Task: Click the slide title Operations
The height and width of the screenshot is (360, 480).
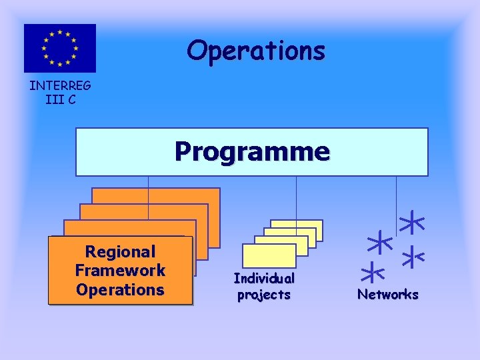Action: [x=256, y=51]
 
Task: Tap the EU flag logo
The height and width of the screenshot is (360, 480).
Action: [x=60, y=48]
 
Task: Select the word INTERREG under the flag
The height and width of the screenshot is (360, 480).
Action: [x=60, y=85]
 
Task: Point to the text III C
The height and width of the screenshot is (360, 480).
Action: [x=60, y=99]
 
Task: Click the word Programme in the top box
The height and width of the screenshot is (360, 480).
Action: [x=252, y=152]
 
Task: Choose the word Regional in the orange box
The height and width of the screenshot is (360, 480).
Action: [x=120, y=252]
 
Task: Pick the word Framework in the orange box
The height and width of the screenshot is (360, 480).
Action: [x=120, y=271]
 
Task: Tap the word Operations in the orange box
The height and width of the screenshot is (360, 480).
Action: [x=120, y=290]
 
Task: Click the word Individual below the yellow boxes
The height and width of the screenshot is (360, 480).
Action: [x=264, y=278]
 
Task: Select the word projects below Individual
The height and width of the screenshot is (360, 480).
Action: [x=264, y=295]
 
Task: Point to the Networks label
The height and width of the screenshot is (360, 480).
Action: [x=388, y=294]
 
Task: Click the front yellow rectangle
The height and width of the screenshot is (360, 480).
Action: [x=269, y=255]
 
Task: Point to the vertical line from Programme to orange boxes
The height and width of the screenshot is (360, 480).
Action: [x=148, y=182]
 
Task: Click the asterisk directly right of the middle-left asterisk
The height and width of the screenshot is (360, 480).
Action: [x=415, y=255]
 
